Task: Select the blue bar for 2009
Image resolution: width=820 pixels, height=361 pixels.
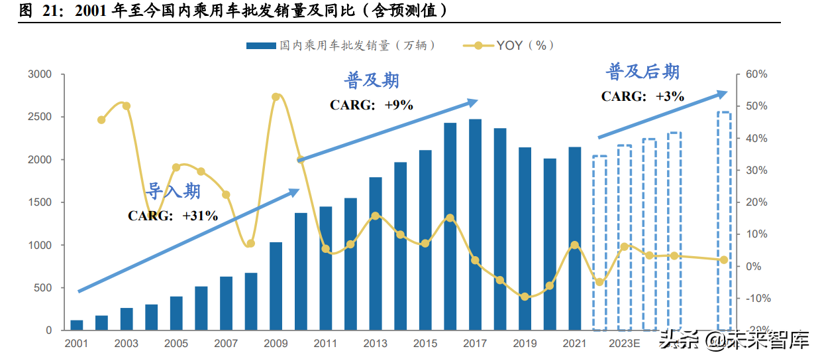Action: pos(276,286)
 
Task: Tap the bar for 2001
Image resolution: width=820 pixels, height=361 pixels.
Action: pos(77,325)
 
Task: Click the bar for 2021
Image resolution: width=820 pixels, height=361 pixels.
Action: pos(574,238)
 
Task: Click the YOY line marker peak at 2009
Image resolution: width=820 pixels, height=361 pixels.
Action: pos(276,97)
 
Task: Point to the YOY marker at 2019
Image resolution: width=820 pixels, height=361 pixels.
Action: pos(525,297)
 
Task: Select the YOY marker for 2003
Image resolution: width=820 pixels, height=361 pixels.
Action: pos(127,106)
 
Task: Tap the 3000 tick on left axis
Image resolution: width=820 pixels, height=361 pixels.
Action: pos(39,74)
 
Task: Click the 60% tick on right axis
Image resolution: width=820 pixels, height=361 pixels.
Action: pos(756,74)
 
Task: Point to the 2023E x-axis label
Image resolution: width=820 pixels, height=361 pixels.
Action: pos(624,344)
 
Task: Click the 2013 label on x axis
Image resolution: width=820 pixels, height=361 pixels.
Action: pos(375,344)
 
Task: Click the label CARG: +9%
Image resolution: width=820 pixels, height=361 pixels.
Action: pos(371,105)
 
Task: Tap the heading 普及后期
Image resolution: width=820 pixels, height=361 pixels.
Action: pos(642,72)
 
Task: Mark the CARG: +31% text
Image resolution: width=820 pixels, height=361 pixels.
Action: pos(172,216)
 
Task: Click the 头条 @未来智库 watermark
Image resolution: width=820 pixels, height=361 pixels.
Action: pos(734,341)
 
